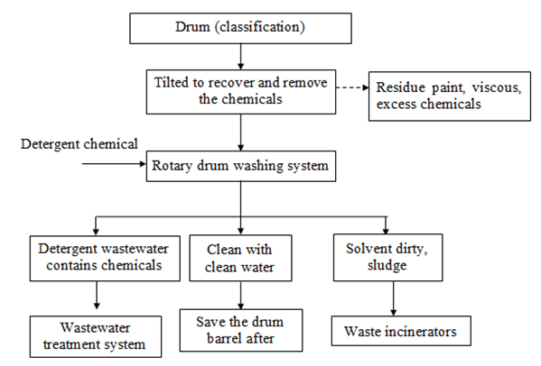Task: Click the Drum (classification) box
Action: click(240, 28)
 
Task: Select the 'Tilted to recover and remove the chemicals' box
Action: click(241, 92)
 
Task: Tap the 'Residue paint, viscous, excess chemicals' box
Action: click(450, 96)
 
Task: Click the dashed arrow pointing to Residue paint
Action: click(352, 87)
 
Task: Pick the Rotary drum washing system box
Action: click(241, 166)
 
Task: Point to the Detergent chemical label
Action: click(79, 144)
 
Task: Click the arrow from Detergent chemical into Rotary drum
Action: click(114, 164)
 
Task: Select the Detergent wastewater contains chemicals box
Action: click(105, 258)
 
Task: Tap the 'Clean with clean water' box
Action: click(240, 258)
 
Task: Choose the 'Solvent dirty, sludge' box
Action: click(387, 258)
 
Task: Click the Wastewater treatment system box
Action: click(96, 336)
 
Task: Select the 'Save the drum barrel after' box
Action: click(241, 330)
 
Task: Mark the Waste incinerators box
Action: click(401, 331)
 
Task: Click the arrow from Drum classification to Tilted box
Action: click(241, 57)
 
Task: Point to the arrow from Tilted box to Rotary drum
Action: click(241, 133)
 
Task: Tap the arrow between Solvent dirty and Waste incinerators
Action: click(393, 298)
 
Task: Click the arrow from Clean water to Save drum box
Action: click(241, 295)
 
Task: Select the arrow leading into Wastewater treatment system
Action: click(97, 295)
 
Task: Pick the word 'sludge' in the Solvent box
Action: click(387, 265)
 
